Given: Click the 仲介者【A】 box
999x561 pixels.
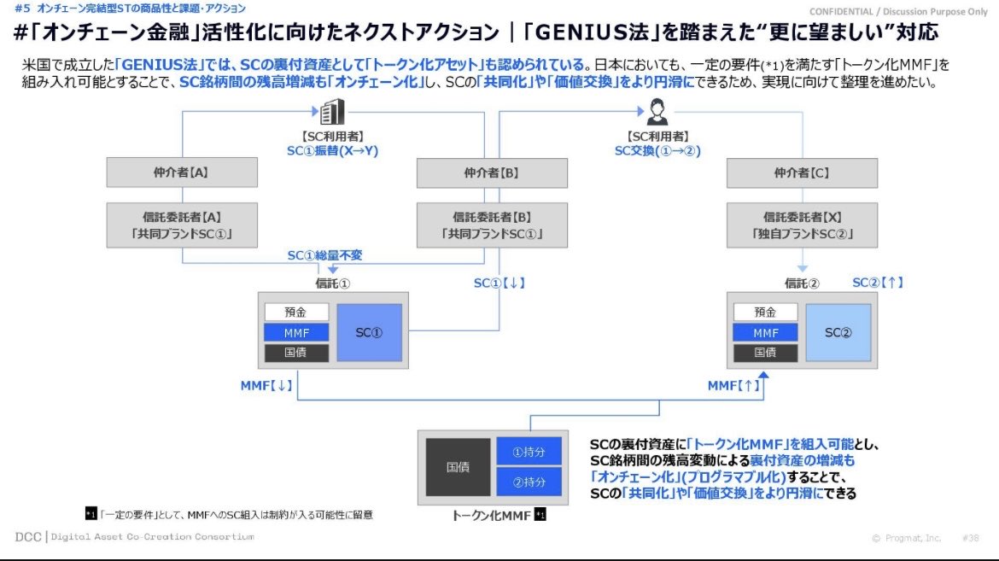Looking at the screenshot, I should (182, 172).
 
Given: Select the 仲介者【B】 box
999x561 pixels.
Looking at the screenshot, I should (492, 172).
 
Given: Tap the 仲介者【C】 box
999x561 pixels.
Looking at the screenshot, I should (802, 172).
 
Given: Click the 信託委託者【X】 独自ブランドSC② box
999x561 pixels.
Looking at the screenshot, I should (802, 225).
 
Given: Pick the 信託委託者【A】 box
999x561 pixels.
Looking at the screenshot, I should (182, 225).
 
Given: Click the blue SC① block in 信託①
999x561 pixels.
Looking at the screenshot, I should (370, 332).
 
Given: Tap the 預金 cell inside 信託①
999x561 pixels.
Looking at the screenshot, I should (295, 313).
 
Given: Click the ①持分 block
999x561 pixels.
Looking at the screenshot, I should (529, 452).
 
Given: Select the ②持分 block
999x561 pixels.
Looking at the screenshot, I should (529, 482).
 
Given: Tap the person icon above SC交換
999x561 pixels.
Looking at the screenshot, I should (657, 112).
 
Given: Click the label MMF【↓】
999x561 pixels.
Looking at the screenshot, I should (266, 386).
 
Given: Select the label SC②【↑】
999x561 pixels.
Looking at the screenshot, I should (878, 283).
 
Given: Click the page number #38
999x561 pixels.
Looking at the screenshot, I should (970, 538).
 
